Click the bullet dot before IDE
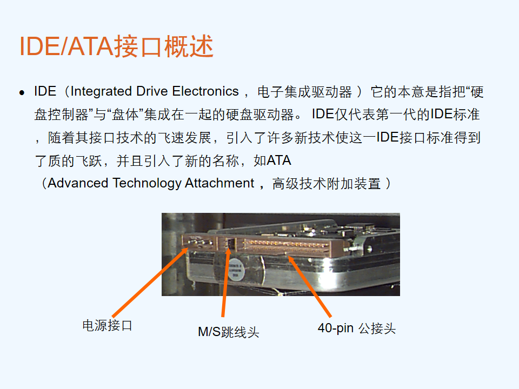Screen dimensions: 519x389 (22, 92)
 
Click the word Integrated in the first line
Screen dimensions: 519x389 (101, 92)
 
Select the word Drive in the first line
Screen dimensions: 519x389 (152, 91)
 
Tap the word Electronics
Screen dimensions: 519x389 (205, 91)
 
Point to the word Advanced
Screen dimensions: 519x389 (78, 183)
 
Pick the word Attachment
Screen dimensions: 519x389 (219, 183)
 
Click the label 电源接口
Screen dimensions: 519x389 (107, 325)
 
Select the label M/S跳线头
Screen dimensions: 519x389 (228, 332)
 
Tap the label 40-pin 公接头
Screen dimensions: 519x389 (356, 328)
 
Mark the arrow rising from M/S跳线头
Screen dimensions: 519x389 (225, 282)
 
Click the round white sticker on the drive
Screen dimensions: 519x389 (236, 270)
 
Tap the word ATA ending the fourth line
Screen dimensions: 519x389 (279, 160)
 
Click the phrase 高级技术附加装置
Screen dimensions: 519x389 (327, 184)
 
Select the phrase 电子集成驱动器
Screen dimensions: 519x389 (304, 92)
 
